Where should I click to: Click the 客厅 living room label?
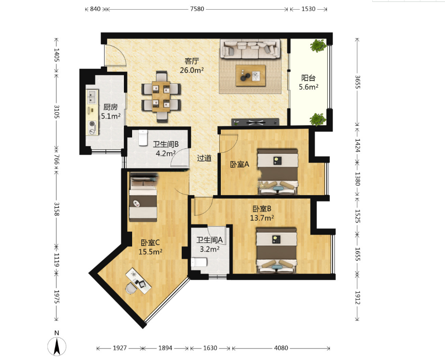192,61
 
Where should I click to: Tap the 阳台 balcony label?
308,78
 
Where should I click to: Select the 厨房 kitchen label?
110,107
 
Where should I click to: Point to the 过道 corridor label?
204,158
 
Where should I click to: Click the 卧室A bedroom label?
239,164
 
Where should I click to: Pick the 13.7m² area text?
262,218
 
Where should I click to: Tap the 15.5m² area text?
150,252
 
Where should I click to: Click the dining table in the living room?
161,96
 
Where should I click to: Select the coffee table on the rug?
251,76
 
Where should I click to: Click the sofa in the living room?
250,49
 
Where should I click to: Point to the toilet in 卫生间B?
143,137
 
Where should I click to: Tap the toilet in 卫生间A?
199,263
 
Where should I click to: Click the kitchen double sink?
92,96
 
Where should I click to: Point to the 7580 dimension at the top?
197,9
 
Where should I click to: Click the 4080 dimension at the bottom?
281,348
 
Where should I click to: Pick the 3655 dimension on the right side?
357,82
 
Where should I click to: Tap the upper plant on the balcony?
318,45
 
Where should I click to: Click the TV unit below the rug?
256,122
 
